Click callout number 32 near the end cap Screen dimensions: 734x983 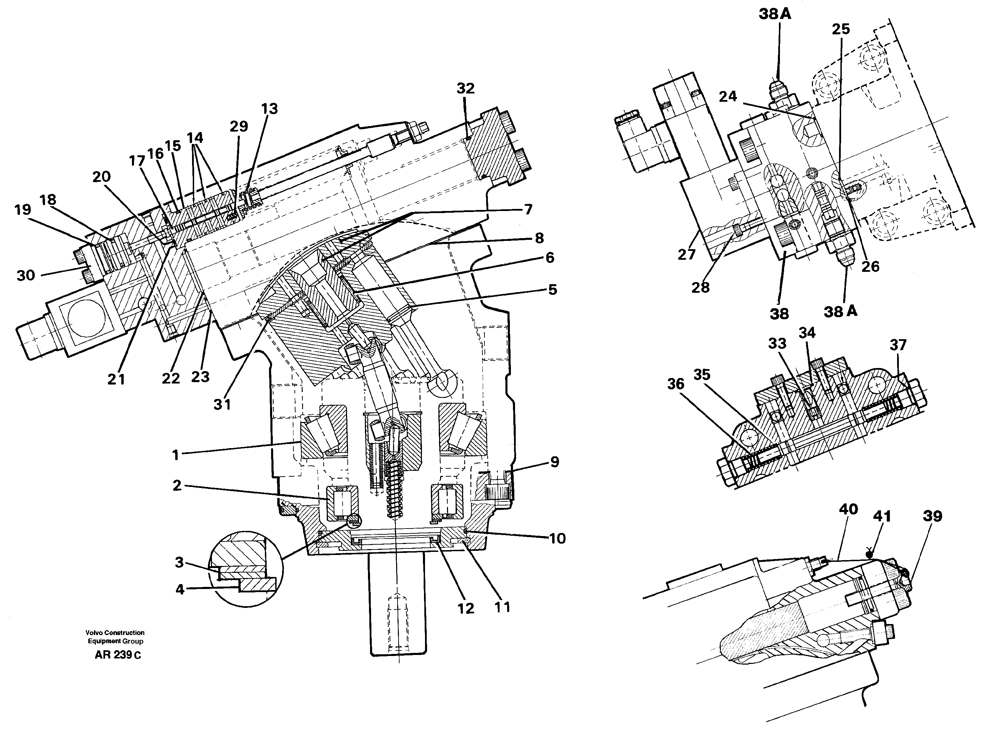[465, 88]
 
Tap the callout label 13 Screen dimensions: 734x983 [269, 109]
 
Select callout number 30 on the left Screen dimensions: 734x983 [26, 276]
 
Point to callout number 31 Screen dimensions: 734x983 [222, 404]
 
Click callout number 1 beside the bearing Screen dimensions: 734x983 [176, 455]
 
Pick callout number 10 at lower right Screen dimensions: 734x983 [557, 538]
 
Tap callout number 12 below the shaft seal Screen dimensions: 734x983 [466, 608]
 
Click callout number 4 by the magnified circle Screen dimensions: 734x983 [179, 590]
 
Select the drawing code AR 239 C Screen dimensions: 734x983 [118, 655]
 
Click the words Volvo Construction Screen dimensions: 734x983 [115, 632]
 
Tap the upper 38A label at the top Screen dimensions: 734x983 [775, 14]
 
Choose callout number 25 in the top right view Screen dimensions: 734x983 [840, 29]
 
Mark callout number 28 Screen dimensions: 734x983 [701, 288]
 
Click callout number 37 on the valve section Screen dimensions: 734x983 [898, 345]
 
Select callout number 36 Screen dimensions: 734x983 [675, 384]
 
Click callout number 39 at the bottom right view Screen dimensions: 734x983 [932, 516]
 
